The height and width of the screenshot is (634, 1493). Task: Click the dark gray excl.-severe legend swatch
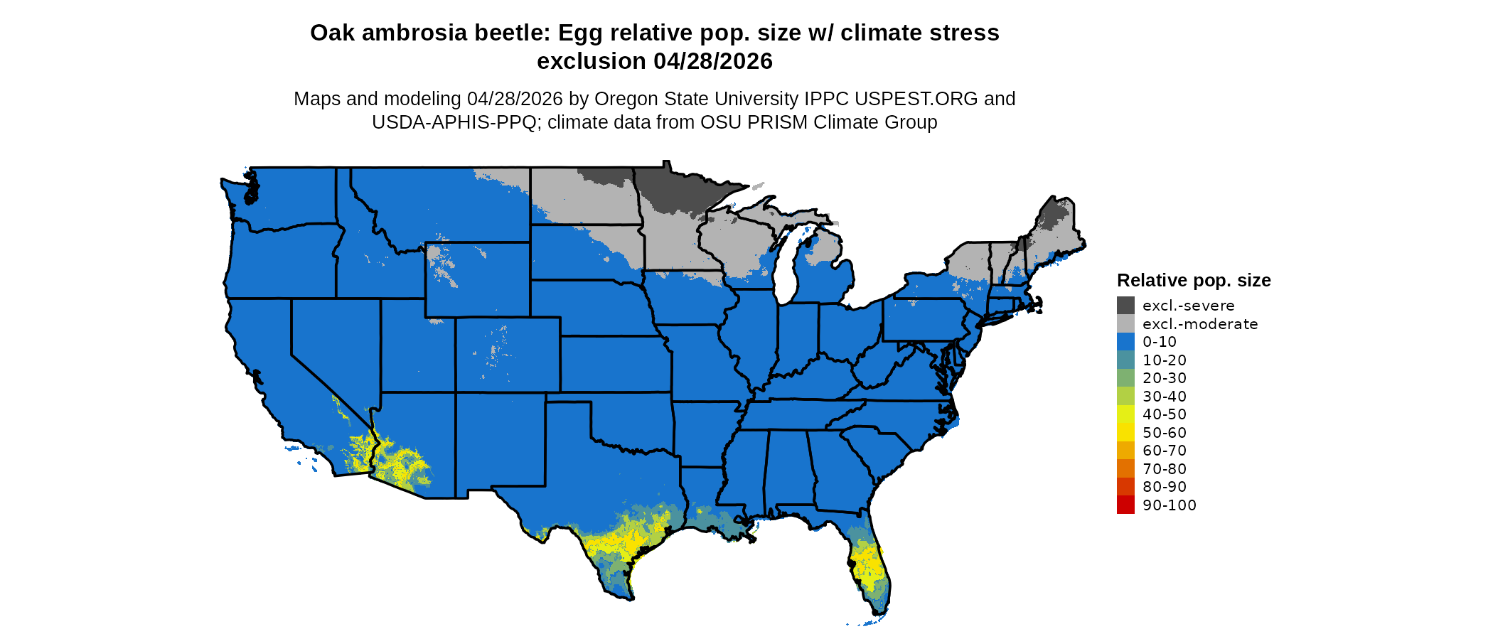click(1125, 306)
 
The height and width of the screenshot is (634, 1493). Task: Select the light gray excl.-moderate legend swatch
click(1125, 324)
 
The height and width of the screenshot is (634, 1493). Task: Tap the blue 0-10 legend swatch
click(1125, 342)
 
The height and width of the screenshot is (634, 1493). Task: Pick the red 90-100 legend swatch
click(1125, 505)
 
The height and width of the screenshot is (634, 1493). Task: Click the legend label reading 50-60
click(1165, 433)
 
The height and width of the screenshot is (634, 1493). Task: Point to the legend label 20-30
click(1165, 378)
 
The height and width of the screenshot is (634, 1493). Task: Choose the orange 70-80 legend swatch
click(1125, 469)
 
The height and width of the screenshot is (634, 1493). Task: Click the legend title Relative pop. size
click(1194, 280)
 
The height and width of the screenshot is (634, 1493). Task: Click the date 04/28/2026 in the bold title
click(712, 61)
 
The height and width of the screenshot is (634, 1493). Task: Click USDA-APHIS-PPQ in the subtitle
click(454, 122)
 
